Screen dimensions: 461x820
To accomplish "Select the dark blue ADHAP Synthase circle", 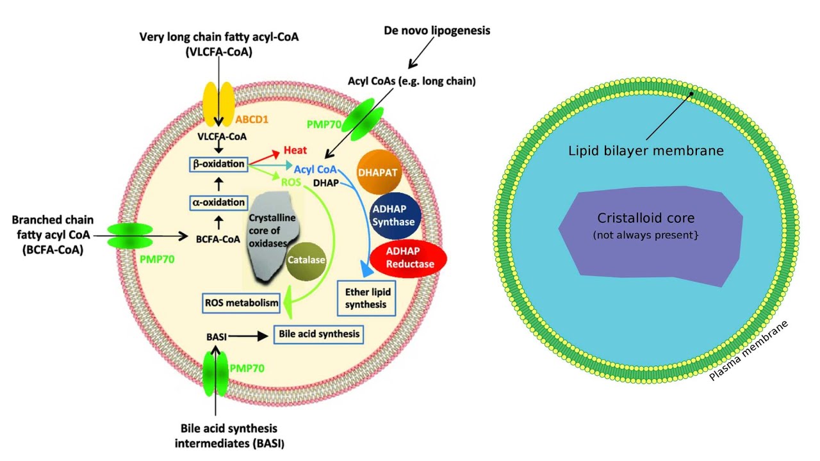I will click(396, 216).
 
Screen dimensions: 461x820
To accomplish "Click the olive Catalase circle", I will click(306, 261).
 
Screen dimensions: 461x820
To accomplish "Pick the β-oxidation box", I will click(218, 164).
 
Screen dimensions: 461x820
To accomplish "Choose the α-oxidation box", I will click(218, 203).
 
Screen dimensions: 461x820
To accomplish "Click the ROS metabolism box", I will click(242, 303).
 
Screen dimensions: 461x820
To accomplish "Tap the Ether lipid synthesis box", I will click(366, 298).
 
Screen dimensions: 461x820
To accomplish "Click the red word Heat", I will click(295, 150).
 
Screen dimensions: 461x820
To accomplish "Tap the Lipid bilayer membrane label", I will click(646, 150).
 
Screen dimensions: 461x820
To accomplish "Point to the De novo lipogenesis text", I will click(437, 31).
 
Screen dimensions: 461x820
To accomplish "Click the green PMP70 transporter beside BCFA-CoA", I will click(130, 236).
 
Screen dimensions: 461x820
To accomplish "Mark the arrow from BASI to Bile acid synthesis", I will click(247, 336).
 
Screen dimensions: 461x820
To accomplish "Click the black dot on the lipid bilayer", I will click(692, 93).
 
